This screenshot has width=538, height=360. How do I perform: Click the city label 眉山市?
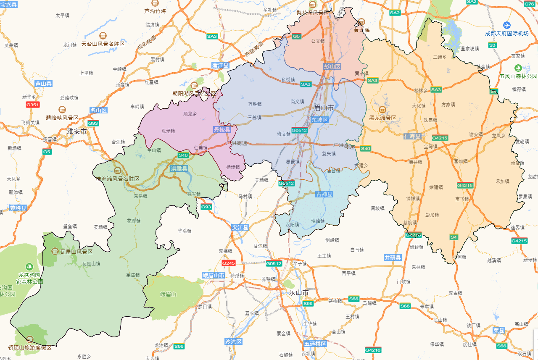324,108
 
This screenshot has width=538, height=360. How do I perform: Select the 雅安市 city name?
77,131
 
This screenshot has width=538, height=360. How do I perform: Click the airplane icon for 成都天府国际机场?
507,25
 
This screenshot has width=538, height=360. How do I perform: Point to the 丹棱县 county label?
222,130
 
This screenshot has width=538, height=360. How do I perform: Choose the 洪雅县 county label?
179,168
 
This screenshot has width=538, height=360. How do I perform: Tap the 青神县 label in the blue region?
324,194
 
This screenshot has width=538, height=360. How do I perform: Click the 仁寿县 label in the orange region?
413,136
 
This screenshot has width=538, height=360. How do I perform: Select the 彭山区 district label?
332,66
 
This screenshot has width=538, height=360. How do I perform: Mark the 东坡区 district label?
319,120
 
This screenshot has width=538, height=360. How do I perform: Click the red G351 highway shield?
33,105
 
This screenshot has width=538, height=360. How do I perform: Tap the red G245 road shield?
229,263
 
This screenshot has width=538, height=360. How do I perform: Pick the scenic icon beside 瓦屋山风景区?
55,251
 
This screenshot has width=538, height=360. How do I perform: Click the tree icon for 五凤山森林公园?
518,68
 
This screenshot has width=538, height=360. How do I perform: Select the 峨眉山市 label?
214,276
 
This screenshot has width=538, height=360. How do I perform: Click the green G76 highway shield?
530,4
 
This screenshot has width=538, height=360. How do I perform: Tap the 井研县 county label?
393,258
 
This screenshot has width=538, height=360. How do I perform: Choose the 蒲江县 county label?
220,66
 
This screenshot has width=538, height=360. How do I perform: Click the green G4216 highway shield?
373,350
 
